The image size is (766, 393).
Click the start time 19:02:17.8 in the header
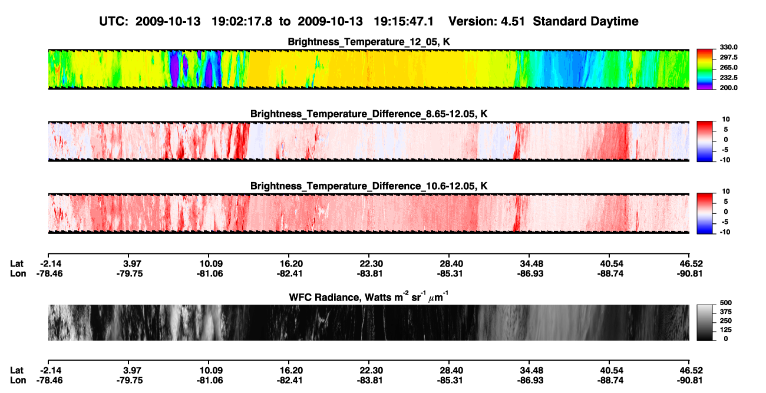tap(242, 21)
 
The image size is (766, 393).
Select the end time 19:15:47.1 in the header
tap(404, 21)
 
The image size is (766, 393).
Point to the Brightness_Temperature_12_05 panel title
tap(369, 42)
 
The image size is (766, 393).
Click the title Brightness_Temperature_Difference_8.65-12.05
tap(369, 114)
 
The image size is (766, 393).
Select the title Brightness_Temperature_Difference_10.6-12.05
tap(369, 186)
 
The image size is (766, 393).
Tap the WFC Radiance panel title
tap(369, 297)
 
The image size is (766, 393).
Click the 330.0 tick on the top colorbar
tap(728, 47)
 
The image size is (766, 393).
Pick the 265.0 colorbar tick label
tap(728, 67)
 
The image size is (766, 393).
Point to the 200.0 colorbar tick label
tap(728, 88)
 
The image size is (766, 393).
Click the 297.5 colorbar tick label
tap(728, 57)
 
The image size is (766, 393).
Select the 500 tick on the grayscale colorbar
tap(726, 303)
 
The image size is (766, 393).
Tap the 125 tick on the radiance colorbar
tap(726, 330)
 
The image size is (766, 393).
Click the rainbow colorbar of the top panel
tap(705, 70)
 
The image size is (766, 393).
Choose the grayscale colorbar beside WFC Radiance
tap(705, 322)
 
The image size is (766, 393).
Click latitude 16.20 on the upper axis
tap(291, 264)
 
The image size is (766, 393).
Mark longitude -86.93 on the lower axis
tap(530, 381)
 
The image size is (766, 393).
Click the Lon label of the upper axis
tap(18, 273)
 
